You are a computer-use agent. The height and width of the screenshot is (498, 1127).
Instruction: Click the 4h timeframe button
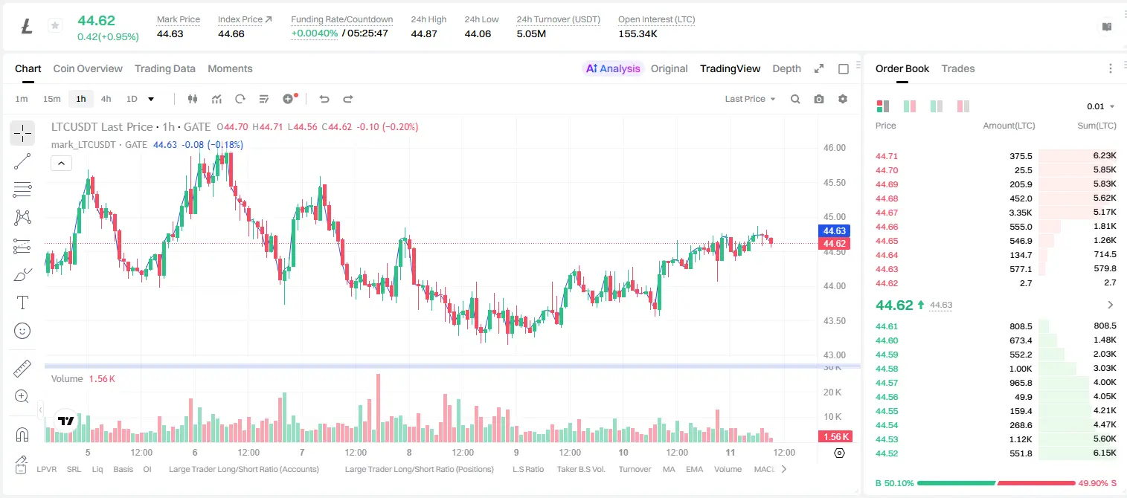pos(106,99)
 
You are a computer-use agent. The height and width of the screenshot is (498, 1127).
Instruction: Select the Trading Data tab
pos(165,68)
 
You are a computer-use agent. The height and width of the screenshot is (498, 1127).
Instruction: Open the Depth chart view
pos(786,68)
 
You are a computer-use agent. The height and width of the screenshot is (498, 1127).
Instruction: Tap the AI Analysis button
pos(613,68)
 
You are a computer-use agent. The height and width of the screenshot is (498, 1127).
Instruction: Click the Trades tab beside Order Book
pos(958,68)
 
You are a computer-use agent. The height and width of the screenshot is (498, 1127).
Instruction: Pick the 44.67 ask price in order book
pos(887,213)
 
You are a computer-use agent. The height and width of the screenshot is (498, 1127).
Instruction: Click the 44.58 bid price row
pos(887,369)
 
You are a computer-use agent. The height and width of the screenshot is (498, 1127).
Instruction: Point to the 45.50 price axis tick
pos(834,182)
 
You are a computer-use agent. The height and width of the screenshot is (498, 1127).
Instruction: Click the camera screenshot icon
pos(819,99)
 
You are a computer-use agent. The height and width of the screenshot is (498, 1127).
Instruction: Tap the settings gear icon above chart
pos(843,99)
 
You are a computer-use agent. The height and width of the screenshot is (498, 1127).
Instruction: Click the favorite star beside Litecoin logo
pos(55,25)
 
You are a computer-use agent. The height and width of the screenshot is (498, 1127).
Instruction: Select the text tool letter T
pos(22,303)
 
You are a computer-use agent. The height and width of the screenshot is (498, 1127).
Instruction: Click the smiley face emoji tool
pos(22,331)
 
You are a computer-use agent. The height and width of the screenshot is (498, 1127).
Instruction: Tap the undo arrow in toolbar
pos(324,99)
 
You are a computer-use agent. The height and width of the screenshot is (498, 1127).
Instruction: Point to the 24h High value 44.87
pos(423,33)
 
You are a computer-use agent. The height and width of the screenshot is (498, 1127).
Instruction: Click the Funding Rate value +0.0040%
pos(315,33)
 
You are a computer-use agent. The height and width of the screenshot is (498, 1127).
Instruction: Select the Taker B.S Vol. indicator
pos(580,469)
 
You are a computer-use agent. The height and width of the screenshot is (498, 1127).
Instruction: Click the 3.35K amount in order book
pos(1021,213)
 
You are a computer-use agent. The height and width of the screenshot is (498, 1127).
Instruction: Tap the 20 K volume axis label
pos(832,392)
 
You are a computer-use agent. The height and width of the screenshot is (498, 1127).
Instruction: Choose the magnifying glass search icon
pos(795,99)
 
